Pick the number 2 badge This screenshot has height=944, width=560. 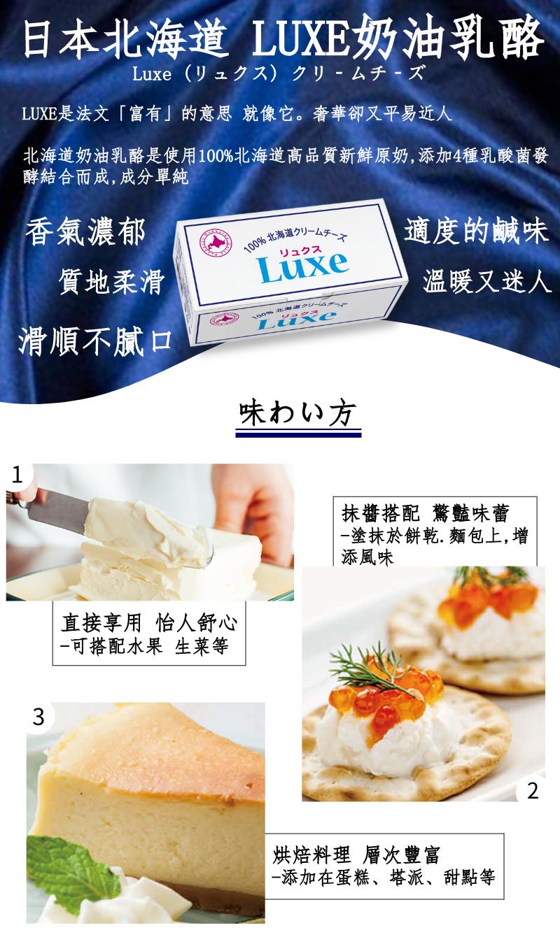point(533,791)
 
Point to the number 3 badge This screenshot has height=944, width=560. point(38,717)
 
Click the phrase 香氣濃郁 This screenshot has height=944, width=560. point(85,231)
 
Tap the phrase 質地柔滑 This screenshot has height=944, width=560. point(112,282)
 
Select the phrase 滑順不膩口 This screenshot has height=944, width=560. point(95,341)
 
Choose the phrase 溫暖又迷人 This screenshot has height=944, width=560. point(487,281)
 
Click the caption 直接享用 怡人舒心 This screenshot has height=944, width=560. point(148,622)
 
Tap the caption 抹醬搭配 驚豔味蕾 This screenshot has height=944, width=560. point(425,513)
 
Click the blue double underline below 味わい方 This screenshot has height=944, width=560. point(298,434)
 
